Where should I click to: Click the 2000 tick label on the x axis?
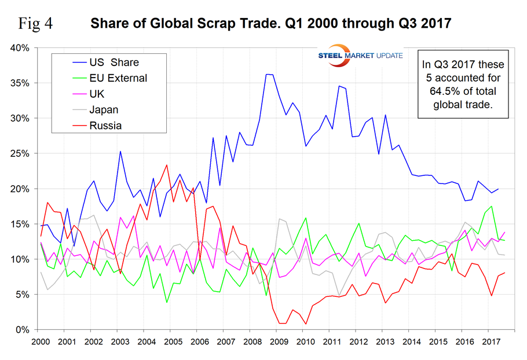[41, 341]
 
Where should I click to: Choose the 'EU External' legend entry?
[118, 78]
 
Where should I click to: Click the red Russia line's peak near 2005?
[167, 165]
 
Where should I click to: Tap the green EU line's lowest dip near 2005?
[167, 302]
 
